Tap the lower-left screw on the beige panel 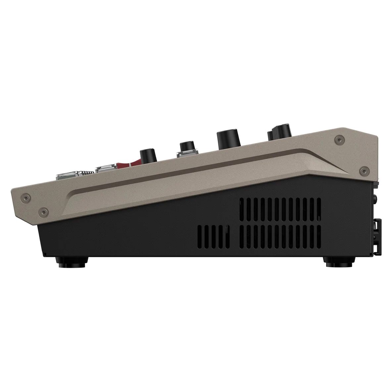(42, 210)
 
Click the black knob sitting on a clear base (186, 146)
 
